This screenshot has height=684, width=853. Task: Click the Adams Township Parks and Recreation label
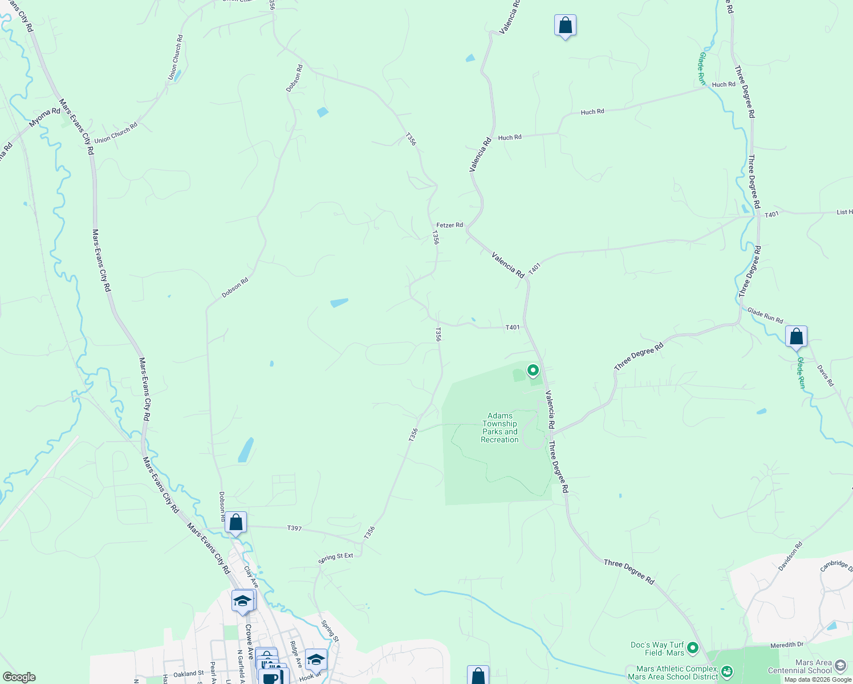click(499, 427)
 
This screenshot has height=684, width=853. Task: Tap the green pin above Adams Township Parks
click(533, 370)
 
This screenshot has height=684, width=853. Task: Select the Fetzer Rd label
click(449, 225)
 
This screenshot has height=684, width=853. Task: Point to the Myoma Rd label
click(44, 117)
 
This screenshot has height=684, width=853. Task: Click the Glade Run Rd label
click(765, 316)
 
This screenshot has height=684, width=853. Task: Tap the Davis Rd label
click(825, 376)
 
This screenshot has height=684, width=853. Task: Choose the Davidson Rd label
click(790, 556)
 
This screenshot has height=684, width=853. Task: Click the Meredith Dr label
click(786, 645)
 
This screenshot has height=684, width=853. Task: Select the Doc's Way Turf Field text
click(657, 649)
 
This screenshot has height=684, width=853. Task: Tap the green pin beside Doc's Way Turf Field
click(692, 648)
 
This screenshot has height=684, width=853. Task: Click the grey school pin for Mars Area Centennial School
click(839, 665)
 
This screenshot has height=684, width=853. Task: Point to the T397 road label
click(294, 528)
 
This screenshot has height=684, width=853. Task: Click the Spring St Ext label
click(336, 557)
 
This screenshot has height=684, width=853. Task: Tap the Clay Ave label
click(251, 576)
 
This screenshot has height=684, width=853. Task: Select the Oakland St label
click(188, 674)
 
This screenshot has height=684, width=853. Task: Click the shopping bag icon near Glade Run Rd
click(796, 336)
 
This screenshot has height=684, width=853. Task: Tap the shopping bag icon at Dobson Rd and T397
click(235, 522)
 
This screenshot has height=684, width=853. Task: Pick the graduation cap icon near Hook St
click(316, 659)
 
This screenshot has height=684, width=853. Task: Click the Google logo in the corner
click(19, 677)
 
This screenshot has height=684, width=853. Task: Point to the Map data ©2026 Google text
click(818, 679)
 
